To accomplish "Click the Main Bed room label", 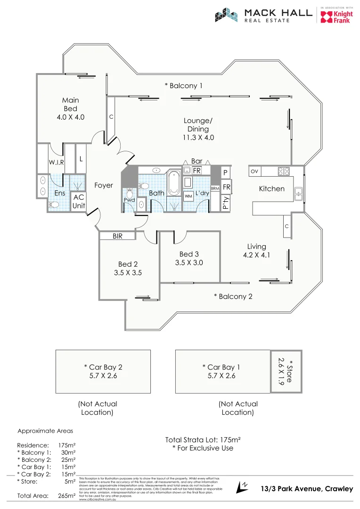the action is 70,108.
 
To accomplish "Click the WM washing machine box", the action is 188,196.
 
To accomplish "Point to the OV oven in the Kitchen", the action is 254,171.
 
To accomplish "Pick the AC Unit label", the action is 78,202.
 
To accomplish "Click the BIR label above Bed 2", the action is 117,236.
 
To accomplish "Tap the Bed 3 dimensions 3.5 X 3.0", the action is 188,263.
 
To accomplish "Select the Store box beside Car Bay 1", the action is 286,371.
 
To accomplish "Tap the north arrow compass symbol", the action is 244,486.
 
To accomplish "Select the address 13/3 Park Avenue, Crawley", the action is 307,489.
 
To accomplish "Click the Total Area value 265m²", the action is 66,496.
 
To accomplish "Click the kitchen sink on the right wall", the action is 298,191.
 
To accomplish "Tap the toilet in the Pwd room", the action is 130,192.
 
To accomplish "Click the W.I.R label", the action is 56,163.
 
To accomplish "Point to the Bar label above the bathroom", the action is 196,161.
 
